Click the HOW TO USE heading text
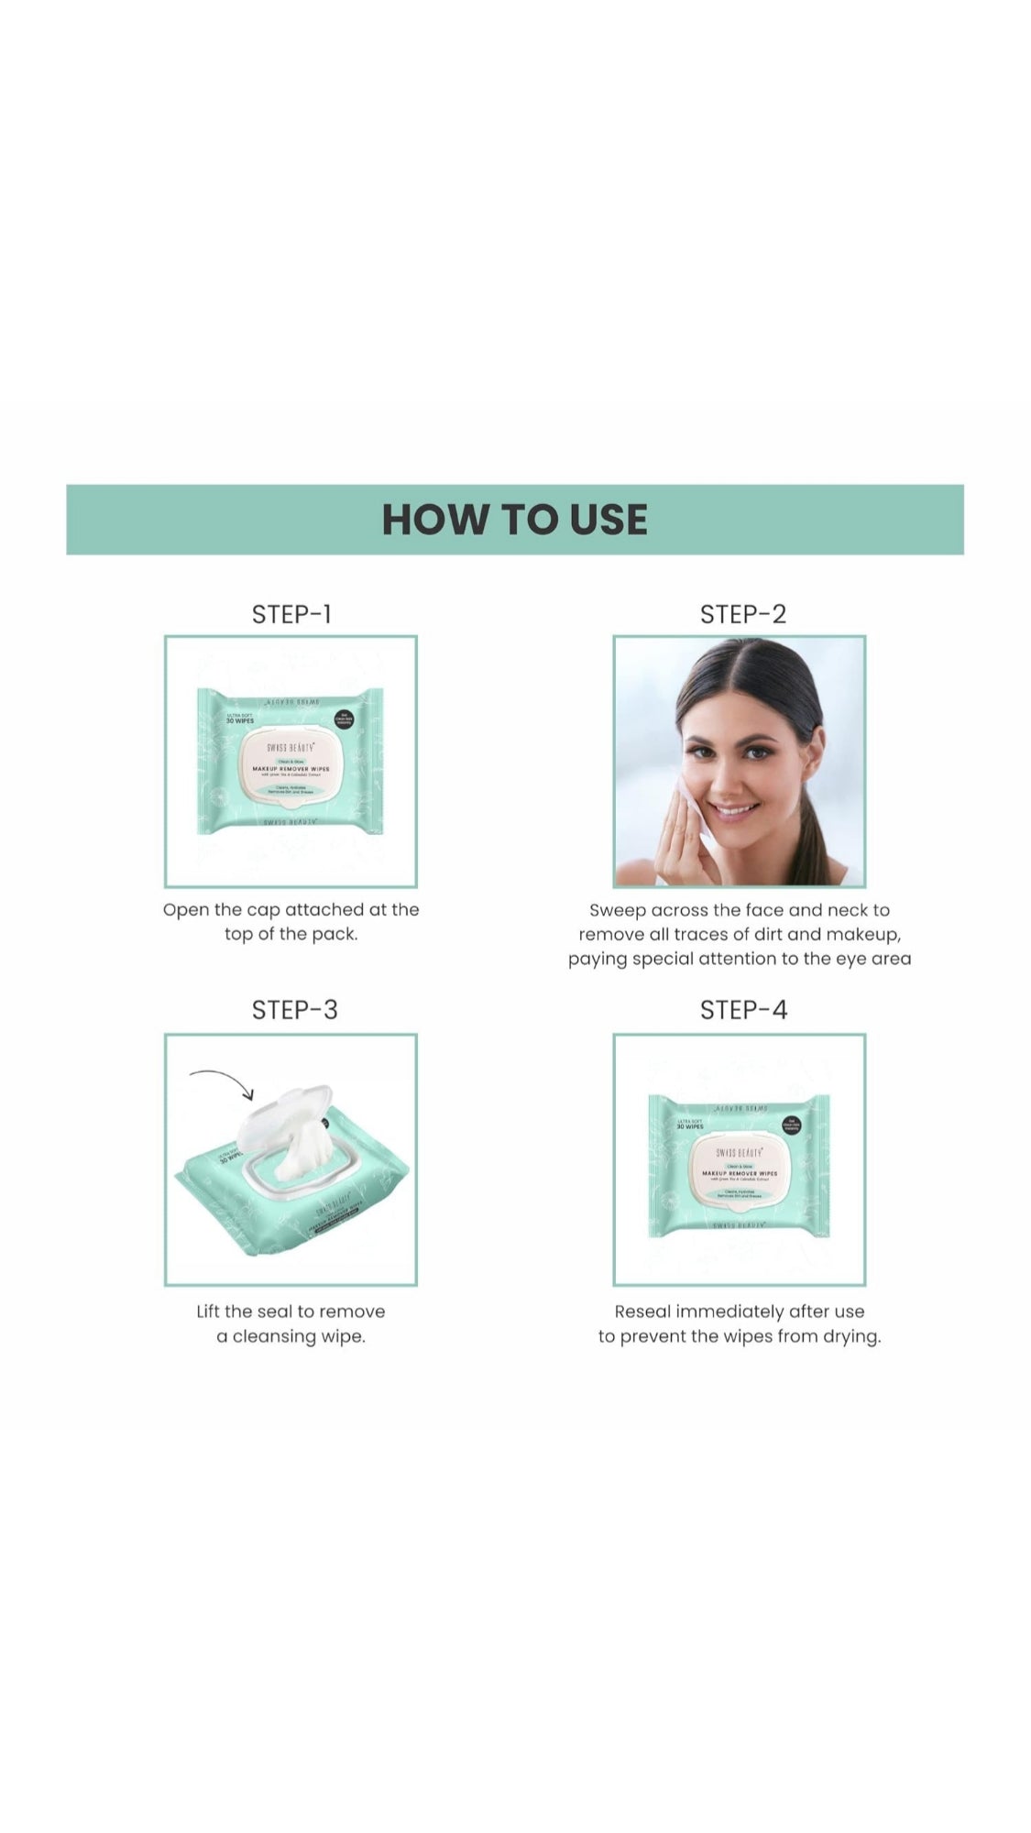click(514, 520)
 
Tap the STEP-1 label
click(291, 614)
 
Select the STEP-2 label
click(742, 614)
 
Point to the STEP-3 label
click(294, 1010)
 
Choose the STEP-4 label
click(743, 1010)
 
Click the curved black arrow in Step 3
click(223, 1081)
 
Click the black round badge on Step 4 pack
click(791, 1125)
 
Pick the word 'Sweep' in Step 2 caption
click(617, 910)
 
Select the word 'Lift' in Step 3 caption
click(208, 1312)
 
